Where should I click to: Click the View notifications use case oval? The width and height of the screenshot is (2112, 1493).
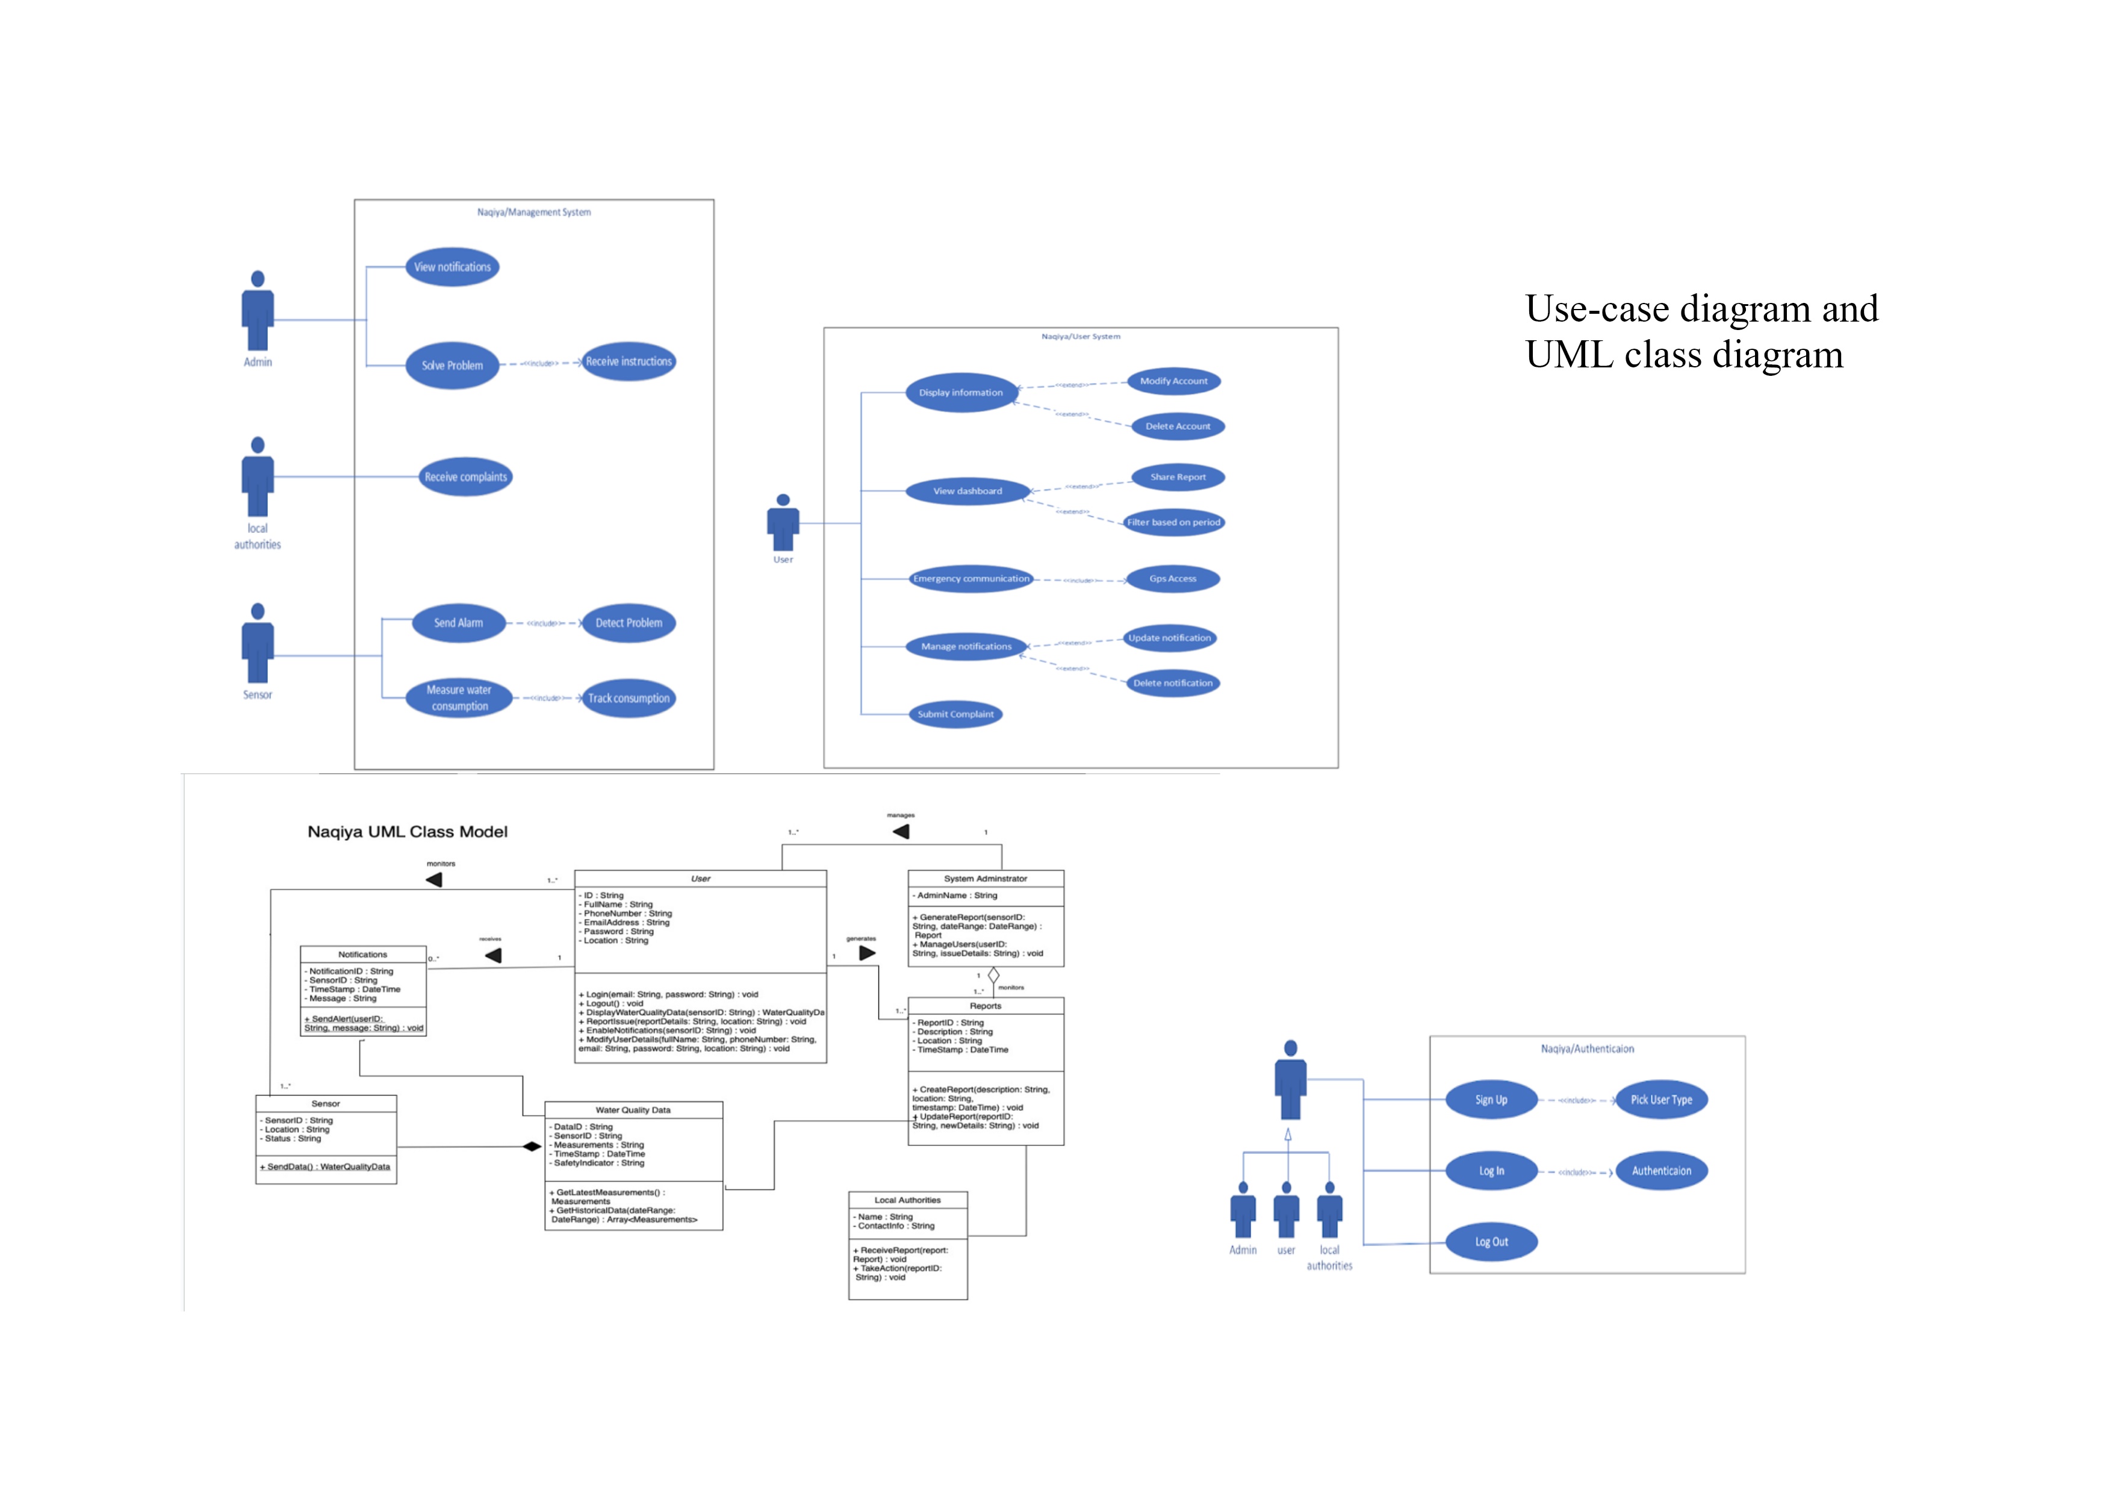(x=452, y=267)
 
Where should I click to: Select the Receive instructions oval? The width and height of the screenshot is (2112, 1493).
(x=629, y=361)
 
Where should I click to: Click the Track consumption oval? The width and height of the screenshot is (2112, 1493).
(x=629, y=698)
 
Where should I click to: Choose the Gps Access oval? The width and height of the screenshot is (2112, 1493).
(x=1172, y=579)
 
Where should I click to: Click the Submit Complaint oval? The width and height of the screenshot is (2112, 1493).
(x=955, y=714)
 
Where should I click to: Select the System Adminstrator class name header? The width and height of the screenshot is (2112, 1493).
(x=985, y=879)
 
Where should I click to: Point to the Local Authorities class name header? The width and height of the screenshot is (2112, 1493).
(x=907, y=1200)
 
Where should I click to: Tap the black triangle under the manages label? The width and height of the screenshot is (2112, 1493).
(x=901, y=832)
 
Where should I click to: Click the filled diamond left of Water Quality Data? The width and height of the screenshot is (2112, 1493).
(x=532, y=1146)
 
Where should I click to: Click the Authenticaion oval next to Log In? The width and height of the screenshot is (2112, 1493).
(x=1660, y=1171)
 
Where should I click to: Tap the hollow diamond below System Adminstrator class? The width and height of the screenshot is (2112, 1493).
(x=993, y=975)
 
